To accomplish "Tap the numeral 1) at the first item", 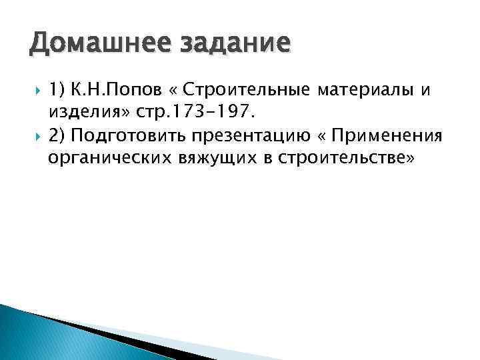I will point(56,88).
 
